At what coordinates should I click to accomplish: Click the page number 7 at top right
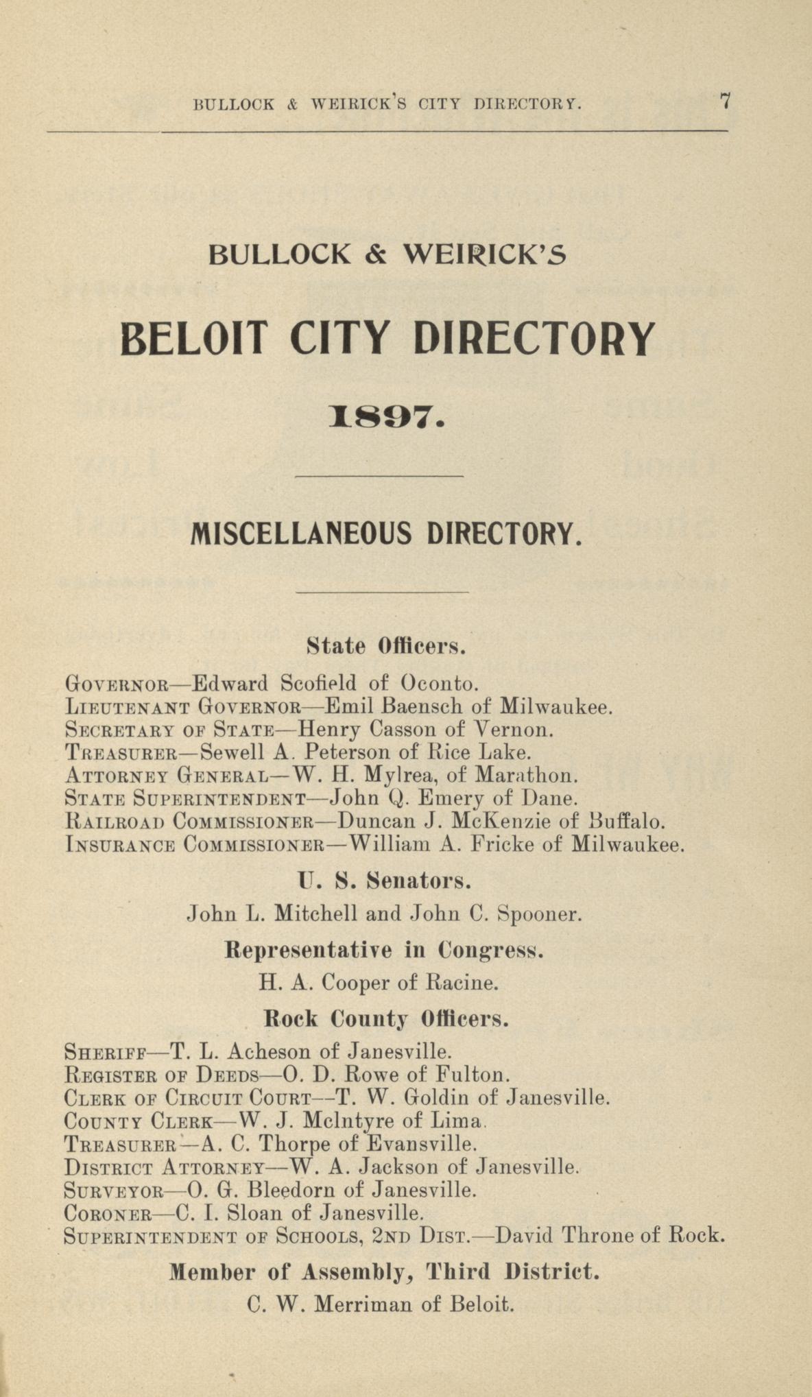point(724,102)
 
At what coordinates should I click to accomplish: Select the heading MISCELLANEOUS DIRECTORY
point(387,533)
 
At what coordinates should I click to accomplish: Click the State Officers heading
point(387,646)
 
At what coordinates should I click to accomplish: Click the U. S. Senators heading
point(384,880)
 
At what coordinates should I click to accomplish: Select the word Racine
point(462,983)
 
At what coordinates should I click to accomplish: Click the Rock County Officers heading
point(387,1018)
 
